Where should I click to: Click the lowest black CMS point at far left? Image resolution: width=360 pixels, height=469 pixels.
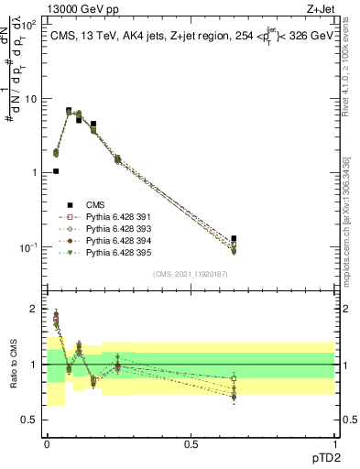[x=56, y=170]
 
